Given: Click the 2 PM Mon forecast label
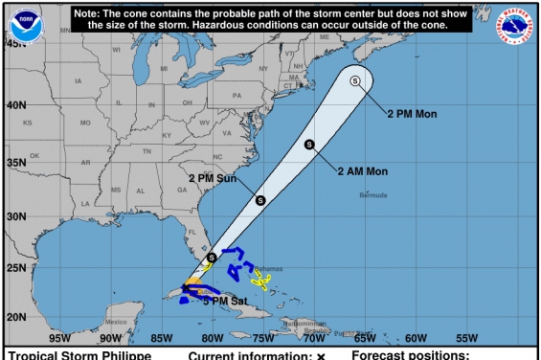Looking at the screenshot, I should coord(412,114).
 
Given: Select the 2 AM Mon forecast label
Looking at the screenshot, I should coord(362,171).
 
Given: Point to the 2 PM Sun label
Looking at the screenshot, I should coord(213,178).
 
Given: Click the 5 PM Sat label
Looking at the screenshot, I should coord(226,301).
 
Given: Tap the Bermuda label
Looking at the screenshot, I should coord(373,195).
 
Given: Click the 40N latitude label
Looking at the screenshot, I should coord(17,105).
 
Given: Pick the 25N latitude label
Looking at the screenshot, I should coord(17,268).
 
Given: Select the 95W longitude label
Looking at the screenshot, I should coord(59,338).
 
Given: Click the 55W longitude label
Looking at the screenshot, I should coord(466,338).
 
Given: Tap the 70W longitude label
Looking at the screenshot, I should coord(314,338).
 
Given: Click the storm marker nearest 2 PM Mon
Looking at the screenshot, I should coord(355,81).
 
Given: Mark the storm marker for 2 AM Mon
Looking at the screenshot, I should coord(309,145).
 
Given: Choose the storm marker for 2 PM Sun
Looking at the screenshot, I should coord(260,199).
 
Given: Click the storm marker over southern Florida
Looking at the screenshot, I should coord(212,257).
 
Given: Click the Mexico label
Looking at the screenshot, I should coord(116,322).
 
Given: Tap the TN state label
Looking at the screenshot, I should coord(147,151).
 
